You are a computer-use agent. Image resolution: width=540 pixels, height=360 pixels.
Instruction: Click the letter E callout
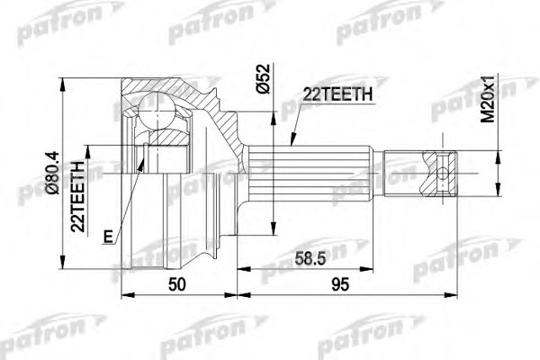point(108,237)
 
